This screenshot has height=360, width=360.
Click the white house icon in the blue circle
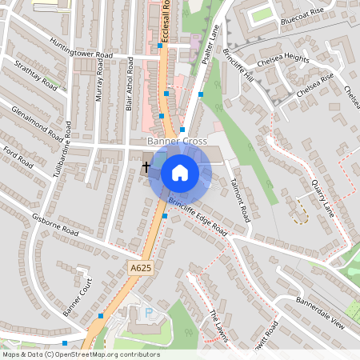coord(180,172)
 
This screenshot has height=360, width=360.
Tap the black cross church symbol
coord(146,167)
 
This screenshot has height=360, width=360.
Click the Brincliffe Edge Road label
coord(198,215)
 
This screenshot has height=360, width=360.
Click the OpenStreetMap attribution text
coord(81,354)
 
